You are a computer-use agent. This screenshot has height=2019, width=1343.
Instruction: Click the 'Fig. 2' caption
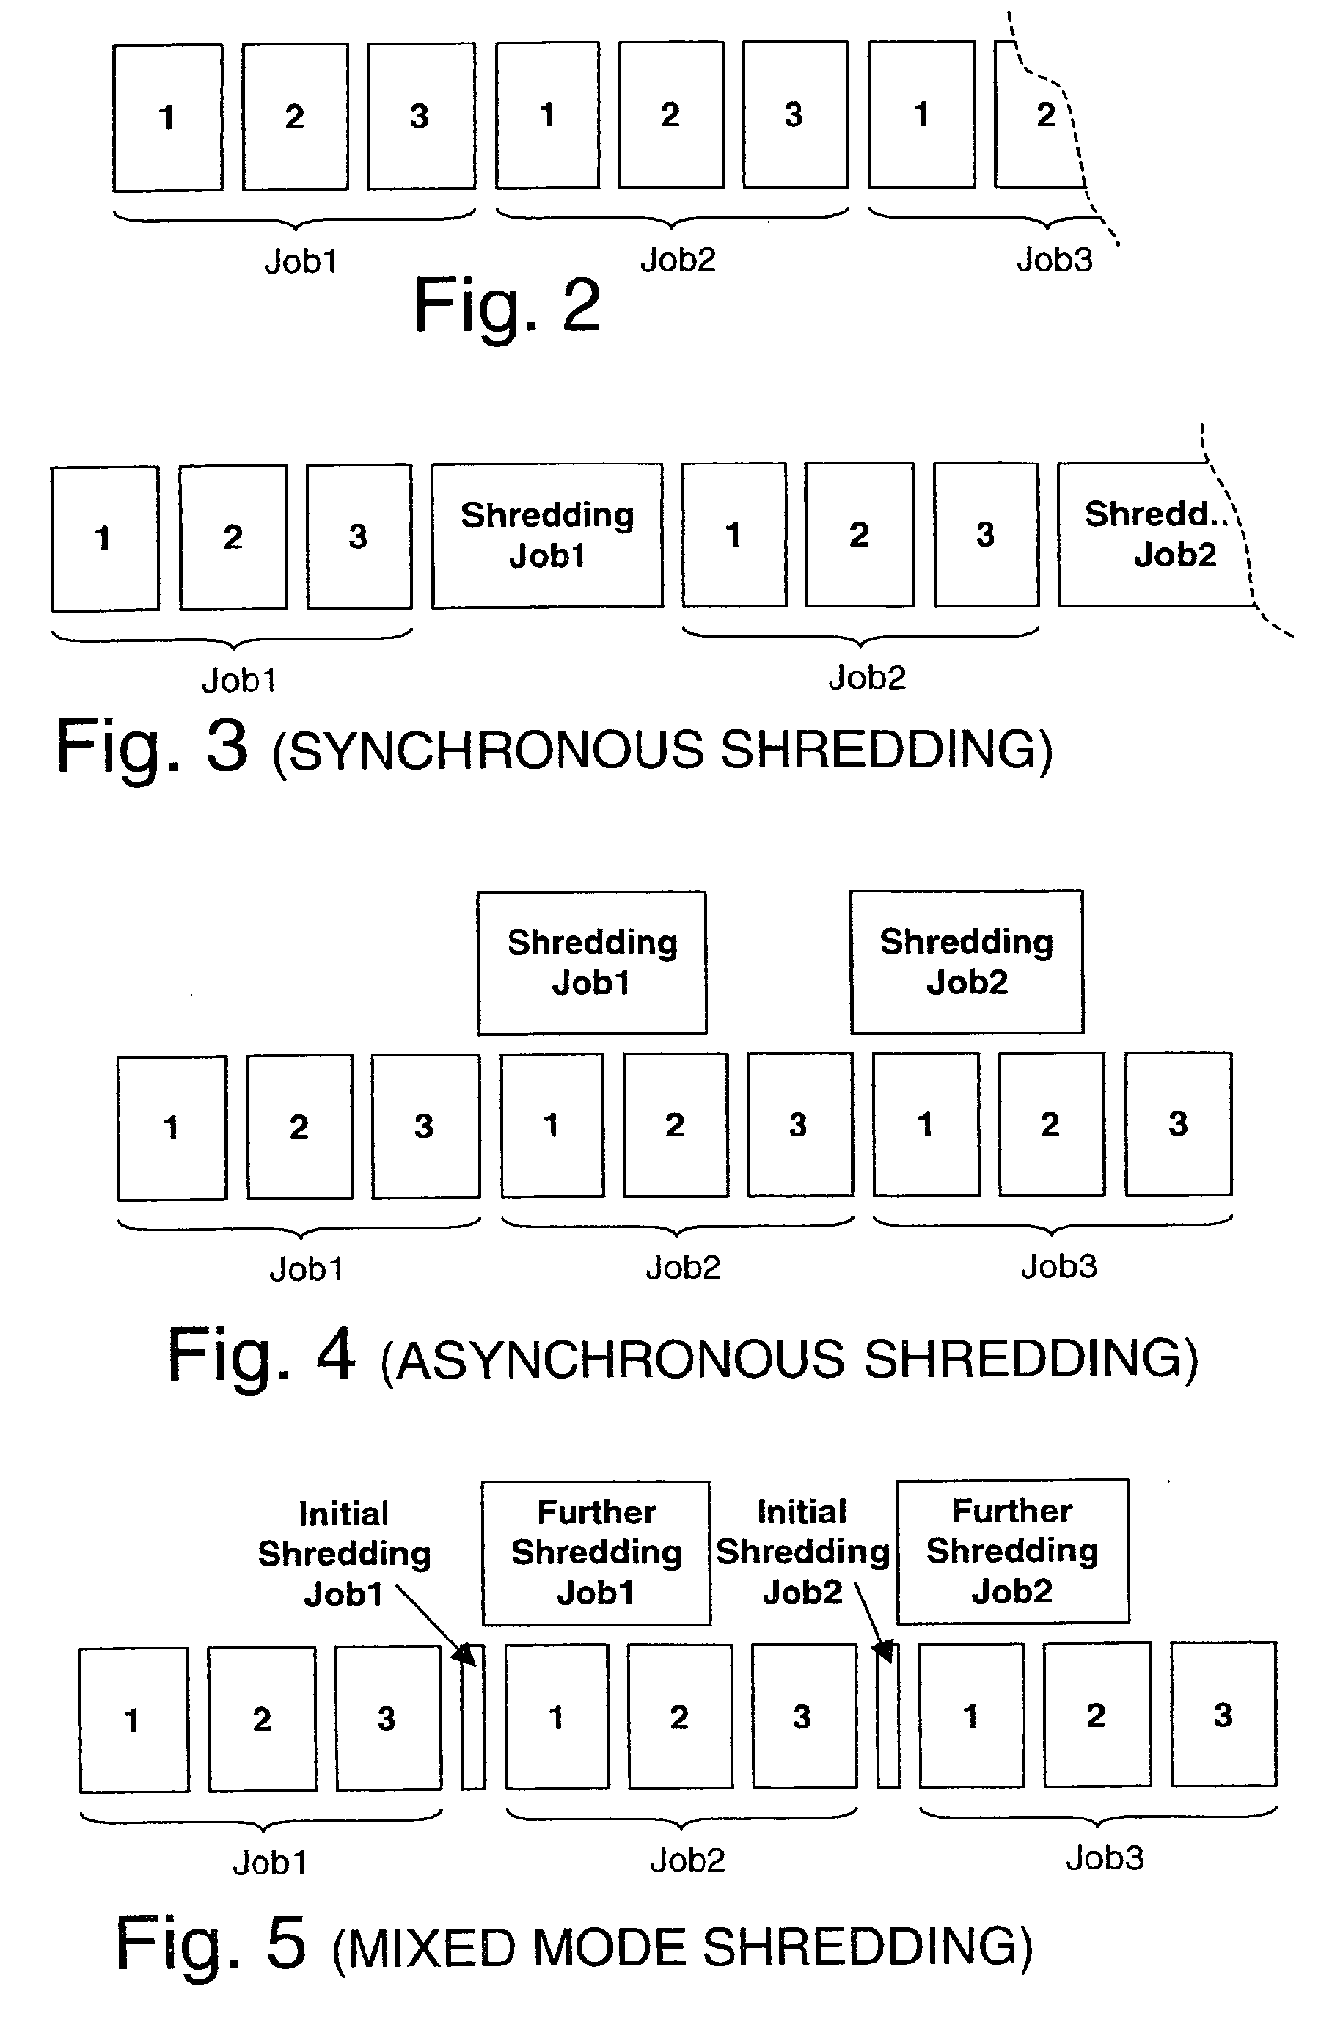pyautogui.click(x=506, y=305)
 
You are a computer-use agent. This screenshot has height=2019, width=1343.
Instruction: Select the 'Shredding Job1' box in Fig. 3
pyautogui.click(x=547, y=536)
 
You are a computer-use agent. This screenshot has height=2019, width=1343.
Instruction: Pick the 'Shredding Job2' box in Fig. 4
pyautogui.click(x=966, y=962)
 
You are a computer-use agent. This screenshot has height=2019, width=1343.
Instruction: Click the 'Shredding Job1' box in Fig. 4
pyautogui.click(x=592, y=962)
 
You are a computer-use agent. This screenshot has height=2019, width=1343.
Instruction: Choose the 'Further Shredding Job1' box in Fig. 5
pyautogui.click(x=596, y=1552)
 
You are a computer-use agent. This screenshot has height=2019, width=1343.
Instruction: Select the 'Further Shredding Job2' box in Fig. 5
pyautogui.click(x=1012, y=1550)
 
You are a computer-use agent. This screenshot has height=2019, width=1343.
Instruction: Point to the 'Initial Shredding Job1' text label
pyautogui.click(x=344, y=1553)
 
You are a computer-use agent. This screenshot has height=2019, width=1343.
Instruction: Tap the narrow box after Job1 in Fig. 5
pyautogui.click(x=474, y=1717)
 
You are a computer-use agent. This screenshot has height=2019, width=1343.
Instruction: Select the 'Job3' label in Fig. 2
pyautogui.click(x=1054, y=260)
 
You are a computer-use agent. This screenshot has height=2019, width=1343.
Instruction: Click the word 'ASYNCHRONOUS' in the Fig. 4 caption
pyautogui.click(x=621, y=1359)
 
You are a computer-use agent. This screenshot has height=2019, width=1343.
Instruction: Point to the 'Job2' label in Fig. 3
pyautogui.click(x=867, y=678)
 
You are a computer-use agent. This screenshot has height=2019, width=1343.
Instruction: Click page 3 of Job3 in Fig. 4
pyautogui.click(x=1179, y=1124)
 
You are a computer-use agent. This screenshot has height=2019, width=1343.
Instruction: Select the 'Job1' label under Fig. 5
pyautogui.click(x=270, y=1862)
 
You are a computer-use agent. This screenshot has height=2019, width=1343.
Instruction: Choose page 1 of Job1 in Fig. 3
pyautogui.click(x=104, y=538)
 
